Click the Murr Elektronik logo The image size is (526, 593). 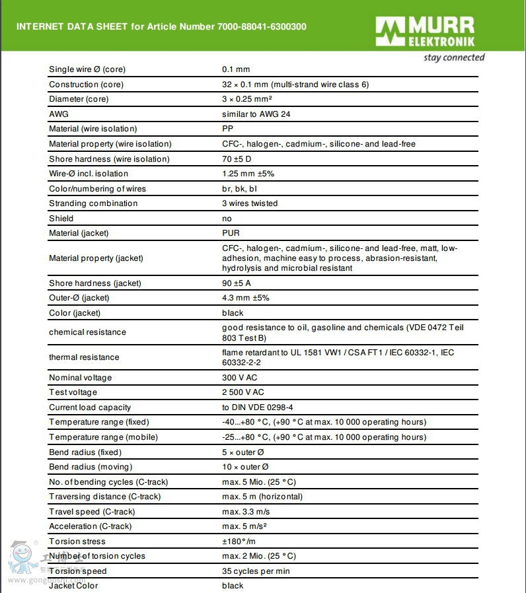tap(425, 32)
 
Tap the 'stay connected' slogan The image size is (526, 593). tap(454, 57)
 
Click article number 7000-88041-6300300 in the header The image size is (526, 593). tap(262, 26)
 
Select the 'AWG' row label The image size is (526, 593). tap(59, 114)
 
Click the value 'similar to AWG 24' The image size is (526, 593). tap(256, 114)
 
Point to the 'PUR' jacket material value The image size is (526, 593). tap(231, 233)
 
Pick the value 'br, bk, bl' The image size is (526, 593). tap(240, 189)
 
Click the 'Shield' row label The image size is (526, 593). tap(61, 219)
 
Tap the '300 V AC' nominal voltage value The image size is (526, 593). tap(240, 378)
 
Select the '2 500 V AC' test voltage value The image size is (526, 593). tap(243, 393)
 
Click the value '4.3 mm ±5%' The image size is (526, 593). tap(245, 298)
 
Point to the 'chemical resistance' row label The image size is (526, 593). tap(87, 332)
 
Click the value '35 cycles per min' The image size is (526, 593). tap(256, 571)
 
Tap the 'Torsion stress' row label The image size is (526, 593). tap(77, 541)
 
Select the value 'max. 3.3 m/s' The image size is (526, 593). tap(246, 512)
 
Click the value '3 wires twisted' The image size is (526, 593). tap(250, 203)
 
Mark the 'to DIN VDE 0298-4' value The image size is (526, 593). tap(258, 407)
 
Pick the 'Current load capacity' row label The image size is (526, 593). tap(90, 407)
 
